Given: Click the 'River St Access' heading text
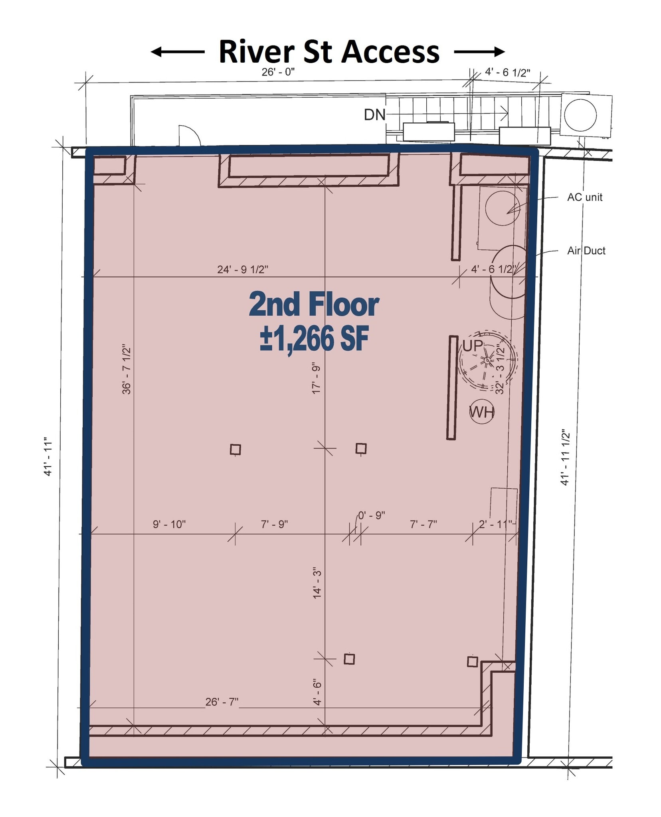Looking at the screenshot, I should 329,52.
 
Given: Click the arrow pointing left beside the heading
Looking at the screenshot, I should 177,52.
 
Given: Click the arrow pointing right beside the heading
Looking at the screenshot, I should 479,51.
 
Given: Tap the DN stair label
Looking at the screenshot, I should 374,115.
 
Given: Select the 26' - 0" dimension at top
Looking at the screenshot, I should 278,72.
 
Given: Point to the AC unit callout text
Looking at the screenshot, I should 584,197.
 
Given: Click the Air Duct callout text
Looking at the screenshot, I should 586,251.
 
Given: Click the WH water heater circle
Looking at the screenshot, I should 482,412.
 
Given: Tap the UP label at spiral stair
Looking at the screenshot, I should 473,345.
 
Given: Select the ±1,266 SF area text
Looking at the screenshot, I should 314,339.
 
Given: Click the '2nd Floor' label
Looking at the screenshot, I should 314,305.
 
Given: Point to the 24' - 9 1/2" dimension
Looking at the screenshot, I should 242,270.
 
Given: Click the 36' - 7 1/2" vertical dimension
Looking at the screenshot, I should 127,369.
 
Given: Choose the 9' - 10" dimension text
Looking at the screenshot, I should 169,524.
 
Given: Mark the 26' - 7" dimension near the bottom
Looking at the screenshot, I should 222,702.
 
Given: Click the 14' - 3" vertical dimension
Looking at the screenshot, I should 317,583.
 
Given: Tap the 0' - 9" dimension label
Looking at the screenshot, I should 371,515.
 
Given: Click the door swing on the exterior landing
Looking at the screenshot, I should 189,135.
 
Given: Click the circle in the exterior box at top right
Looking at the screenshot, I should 580,115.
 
